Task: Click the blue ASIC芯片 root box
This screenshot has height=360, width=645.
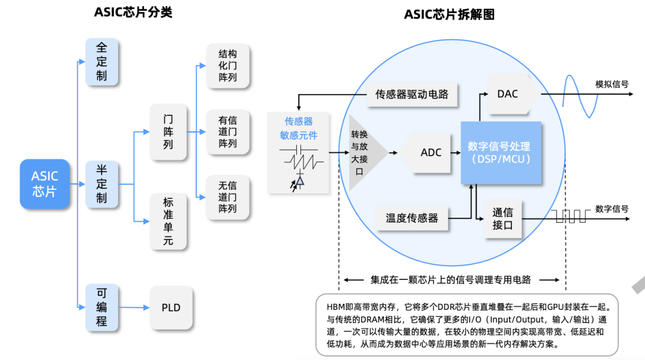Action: tap(45, 184)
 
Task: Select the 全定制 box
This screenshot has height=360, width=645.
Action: tap(102, 61)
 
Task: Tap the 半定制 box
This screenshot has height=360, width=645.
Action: tap(102, 184)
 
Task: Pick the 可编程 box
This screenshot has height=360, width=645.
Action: tap(102, 305)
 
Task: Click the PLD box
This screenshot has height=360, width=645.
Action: tap(171, 308)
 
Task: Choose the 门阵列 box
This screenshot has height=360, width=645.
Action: tap(168, 132)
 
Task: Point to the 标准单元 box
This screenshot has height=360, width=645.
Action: tap(168, 221)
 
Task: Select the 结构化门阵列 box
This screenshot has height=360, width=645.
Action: tap(228, 66)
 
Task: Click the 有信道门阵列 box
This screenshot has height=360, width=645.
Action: tap(228, 132)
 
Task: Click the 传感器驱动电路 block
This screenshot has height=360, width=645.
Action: tap(412, 94)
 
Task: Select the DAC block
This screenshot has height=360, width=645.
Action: tap(508, 94)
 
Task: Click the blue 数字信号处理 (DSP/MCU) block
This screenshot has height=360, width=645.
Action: tap(500, 153)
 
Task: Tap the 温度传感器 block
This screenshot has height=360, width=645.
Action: tap(412, 219)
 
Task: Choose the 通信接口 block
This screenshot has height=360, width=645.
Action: tap(502, 219)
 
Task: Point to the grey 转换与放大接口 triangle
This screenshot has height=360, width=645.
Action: tap(362, 152)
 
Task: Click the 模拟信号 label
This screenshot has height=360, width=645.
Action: tap(612, 84)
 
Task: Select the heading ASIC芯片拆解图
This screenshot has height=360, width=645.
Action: tap(449, 14)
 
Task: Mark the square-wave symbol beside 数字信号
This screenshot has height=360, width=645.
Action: tap(570, 217)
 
